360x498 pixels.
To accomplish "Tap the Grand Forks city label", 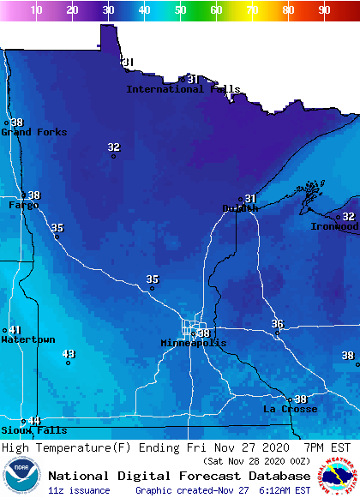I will tap(33, 132).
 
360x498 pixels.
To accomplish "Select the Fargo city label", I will tap(23, 205).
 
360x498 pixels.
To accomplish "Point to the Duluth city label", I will tap(240, 208).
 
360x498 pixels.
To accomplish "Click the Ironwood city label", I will tap(334, 226).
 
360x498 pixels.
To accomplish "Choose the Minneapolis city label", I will tap(194, 343).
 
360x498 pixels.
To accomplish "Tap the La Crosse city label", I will tap(290, 409).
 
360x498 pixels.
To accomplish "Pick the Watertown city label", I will tap(27, 339).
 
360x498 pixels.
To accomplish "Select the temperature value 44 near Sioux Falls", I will tap(34, 420).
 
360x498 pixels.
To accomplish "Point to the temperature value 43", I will tap(69, 354).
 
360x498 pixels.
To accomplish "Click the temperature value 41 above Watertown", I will tap(15, 330).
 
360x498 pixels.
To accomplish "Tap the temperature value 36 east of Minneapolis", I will tap(277, 323).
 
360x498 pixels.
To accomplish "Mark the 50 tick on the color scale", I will tap(180, 10).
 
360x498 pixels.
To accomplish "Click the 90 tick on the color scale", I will tap(324, 10).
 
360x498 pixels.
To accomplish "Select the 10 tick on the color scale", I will tap(36, 10).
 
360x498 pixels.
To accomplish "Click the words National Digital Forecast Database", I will tap(179, 476).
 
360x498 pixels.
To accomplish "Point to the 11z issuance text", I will tap(79, 490).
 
